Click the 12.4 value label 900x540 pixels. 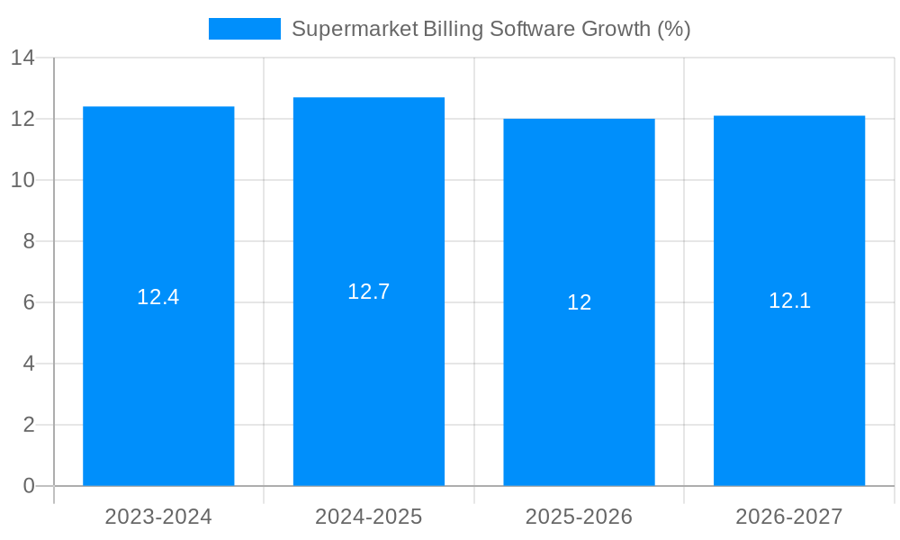pyautogui.click(x=158, y=297)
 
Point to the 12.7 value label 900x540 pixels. pyautogui.click(x=369, y=292)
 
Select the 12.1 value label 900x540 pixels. pyautogui.click(x=789, y=301)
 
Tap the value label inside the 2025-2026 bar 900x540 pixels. pyautogui.click(x=579, y=302)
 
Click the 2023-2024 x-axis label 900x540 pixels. pyautogui.click(x=158, y=517)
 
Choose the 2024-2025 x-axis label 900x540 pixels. pyautogui.click(x=369, y=517)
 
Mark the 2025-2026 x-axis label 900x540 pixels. pyautogui.click(x=579, y=517)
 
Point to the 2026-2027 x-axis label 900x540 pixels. pyautogui.click(x=789, y=517)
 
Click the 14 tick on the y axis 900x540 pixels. pyautogui.click(x=22, y=58)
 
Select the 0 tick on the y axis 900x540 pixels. pyautogui.click(x=29, y=486)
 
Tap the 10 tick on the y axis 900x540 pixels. pyautogui.click(x=22, y=180)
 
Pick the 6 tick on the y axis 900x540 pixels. pyautogui.click(x=29, y=302)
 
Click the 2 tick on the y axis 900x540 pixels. pyautogui.click(x=29, y=425)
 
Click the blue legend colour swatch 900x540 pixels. pyautogui.click(x=244, y=29)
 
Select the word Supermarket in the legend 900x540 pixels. pyautogui.click(x=355, y=29)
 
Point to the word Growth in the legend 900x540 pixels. pyautogui.click(x=615, y=29)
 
